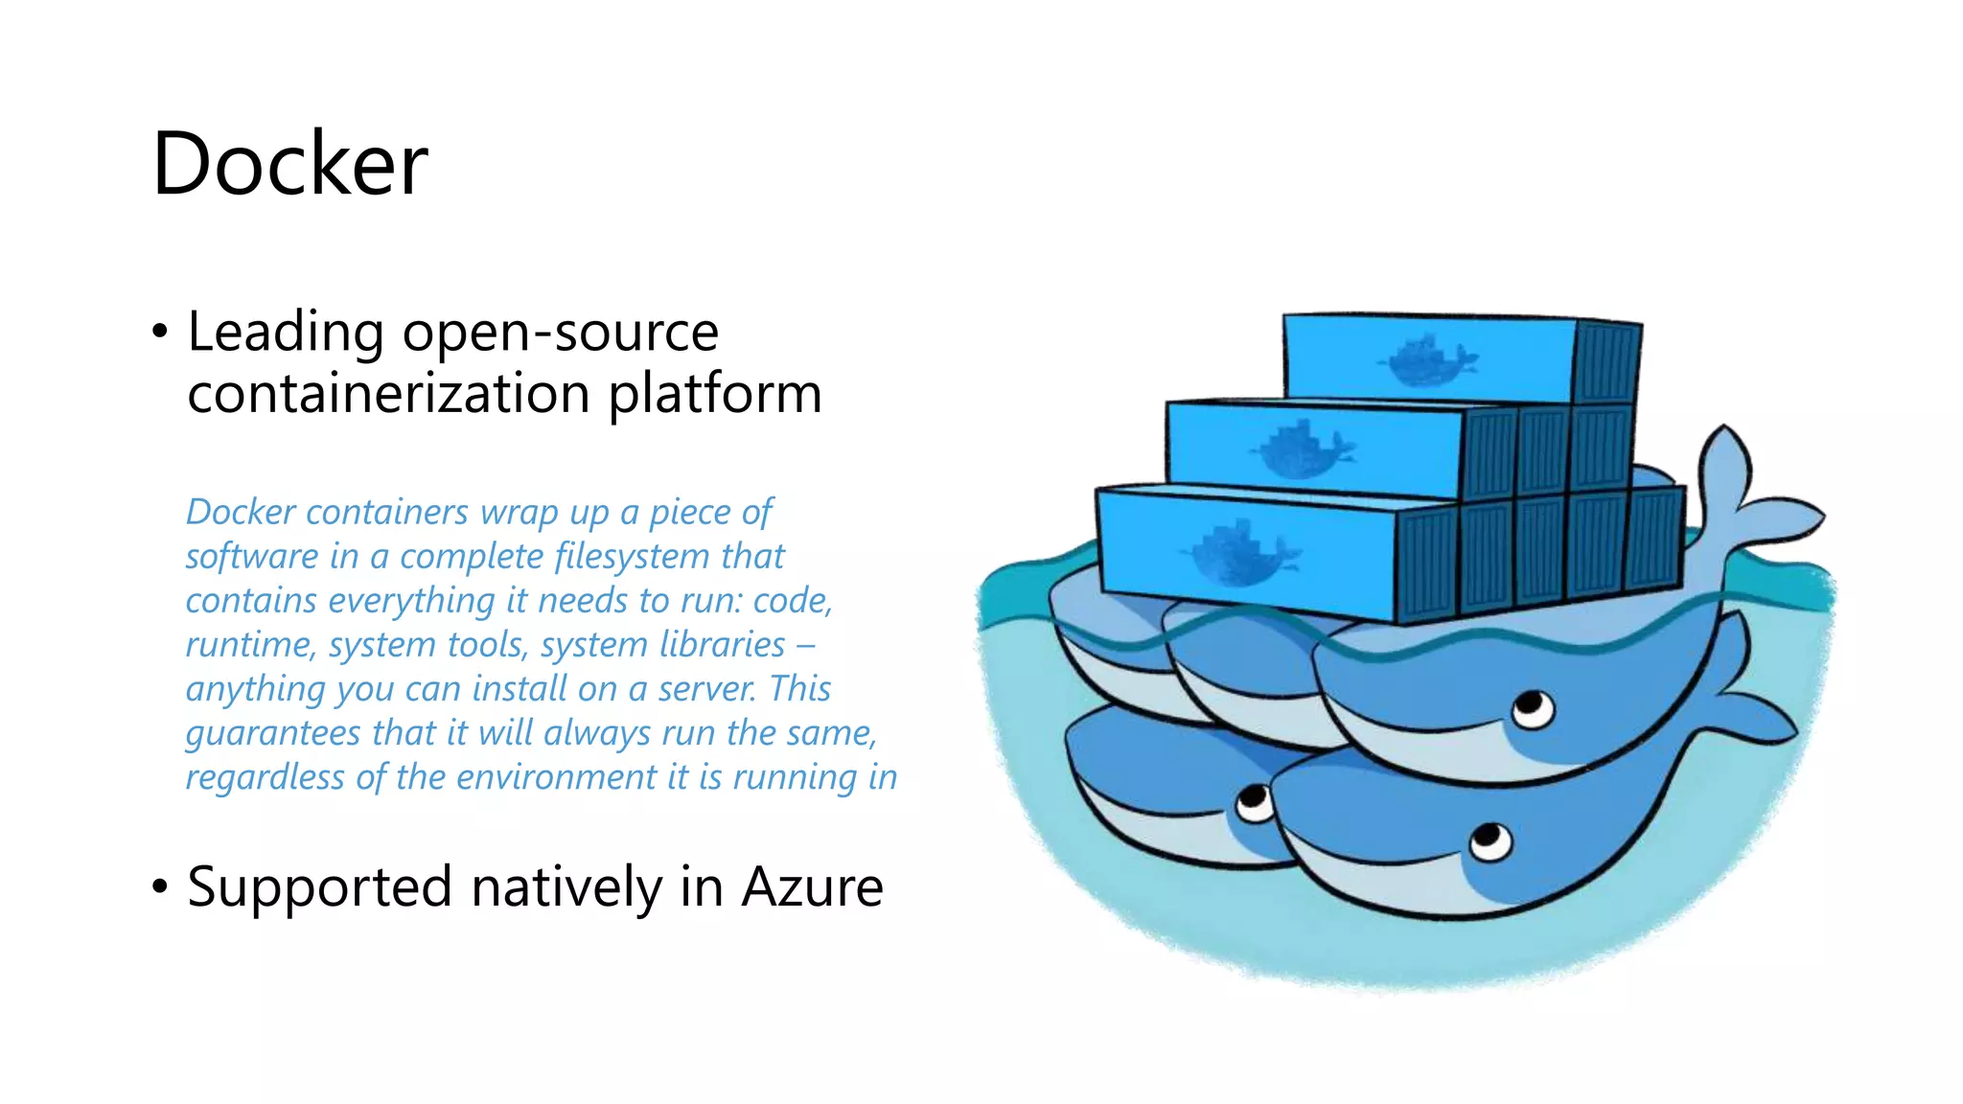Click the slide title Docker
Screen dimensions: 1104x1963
(289, 164)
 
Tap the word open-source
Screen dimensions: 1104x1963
(560, 333)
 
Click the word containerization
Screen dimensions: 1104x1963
(388, 394)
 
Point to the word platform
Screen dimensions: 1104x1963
(715, 394)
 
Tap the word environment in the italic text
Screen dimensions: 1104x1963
(556, 777)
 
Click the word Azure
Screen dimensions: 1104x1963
(812, 886)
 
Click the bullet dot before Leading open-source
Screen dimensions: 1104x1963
(160, 333)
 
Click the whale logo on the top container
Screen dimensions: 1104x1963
(1426, 360)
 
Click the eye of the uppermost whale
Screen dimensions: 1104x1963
(1533, 710)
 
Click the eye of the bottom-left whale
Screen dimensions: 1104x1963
(1254, 802)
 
